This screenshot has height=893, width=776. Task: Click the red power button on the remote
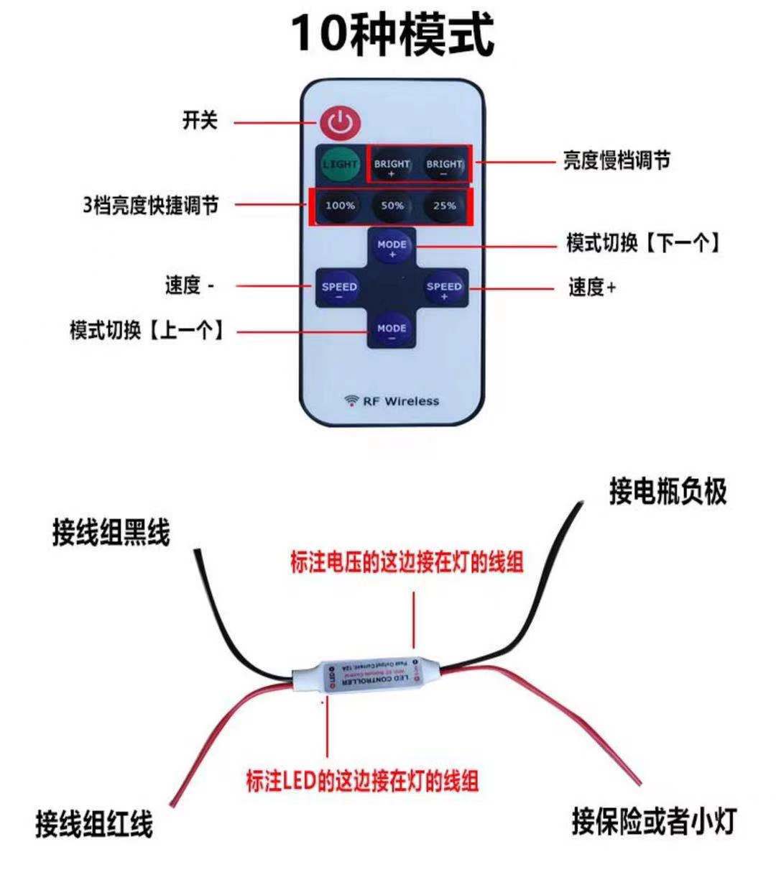340,122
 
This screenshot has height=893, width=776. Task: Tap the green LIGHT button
340,165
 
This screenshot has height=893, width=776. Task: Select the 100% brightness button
340,206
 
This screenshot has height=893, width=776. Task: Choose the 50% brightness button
392,206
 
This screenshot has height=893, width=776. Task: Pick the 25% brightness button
444,206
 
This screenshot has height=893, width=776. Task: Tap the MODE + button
392,247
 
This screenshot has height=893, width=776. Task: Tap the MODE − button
392,330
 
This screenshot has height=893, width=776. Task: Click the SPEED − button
339,288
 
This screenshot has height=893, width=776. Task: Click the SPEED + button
444,288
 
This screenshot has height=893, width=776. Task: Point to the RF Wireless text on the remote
392,401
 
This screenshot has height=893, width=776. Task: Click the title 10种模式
392,34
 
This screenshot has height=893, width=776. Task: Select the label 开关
200,120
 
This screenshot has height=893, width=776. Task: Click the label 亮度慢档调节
616,160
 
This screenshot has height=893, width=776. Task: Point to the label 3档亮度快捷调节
150,206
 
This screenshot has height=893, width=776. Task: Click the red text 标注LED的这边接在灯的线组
362,781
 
